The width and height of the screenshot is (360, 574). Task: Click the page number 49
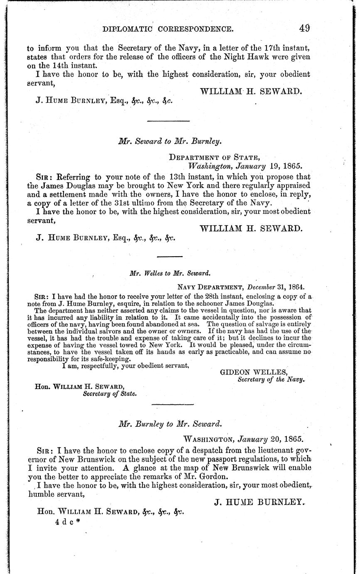tap(304, 28)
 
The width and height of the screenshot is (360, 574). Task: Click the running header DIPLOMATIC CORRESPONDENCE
tap(168, 29)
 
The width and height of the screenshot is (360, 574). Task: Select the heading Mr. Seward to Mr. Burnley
tap(170, 141)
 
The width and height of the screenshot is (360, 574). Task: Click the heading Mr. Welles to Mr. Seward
tap(170, 273)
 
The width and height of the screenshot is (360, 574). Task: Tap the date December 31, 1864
tap(276, 287)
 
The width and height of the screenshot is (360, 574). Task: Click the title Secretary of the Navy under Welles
tap(271, 379)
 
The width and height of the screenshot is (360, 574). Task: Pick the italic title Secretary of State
tap(110, 393)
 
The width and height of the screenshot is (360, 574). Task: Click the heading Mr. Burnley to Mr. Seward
tap(170, 425)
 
